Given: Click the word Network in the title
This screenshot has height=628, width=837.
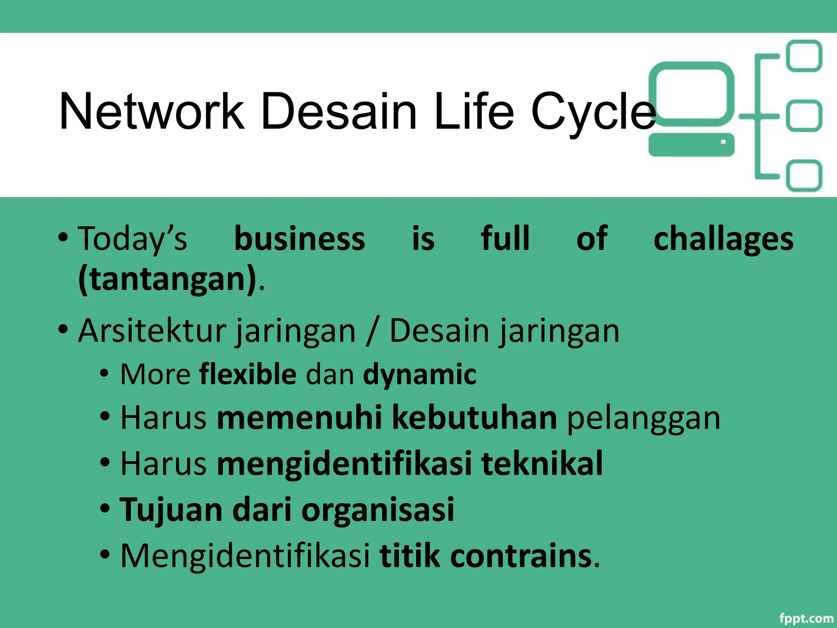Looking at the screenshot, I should [x=152, y=111].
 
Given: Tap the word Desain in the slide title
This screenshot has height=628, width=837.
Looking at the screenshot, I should [x=339, y=111].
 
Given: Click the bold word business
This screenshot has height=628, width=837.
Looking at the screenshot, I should [x=300, y=239].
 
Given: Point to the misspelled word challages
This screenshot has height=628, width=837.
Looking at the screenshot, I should [x=723, y=240].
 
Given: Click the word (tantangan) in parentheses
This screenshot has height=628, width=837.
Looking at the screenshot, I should [x=168, y=280].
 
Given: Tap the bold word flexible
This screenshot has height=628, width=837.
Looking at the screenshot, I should [x=248, y=374].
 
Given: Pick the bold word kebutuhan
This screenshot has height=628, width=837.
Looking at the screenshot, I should [x=474, y=418].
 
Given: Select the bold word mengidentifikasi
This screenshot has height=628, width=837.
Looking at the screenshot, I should [x=344, y=464].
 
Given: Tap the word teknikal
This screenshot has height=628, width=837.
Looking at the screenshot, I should [x=542, y=464].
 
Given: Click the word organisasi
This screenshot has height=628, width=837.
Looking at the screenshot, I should [x=378, y=510].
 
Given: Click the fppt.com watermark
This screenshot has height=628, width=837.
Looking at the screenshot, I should [x=806, y=618].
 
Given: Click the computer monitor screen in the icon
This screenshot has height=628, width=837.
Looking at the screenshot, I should [x=691, y=93].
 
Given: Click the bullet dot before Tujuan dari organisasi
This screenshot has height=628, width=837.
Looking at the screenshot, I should [x=105, y=509].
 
